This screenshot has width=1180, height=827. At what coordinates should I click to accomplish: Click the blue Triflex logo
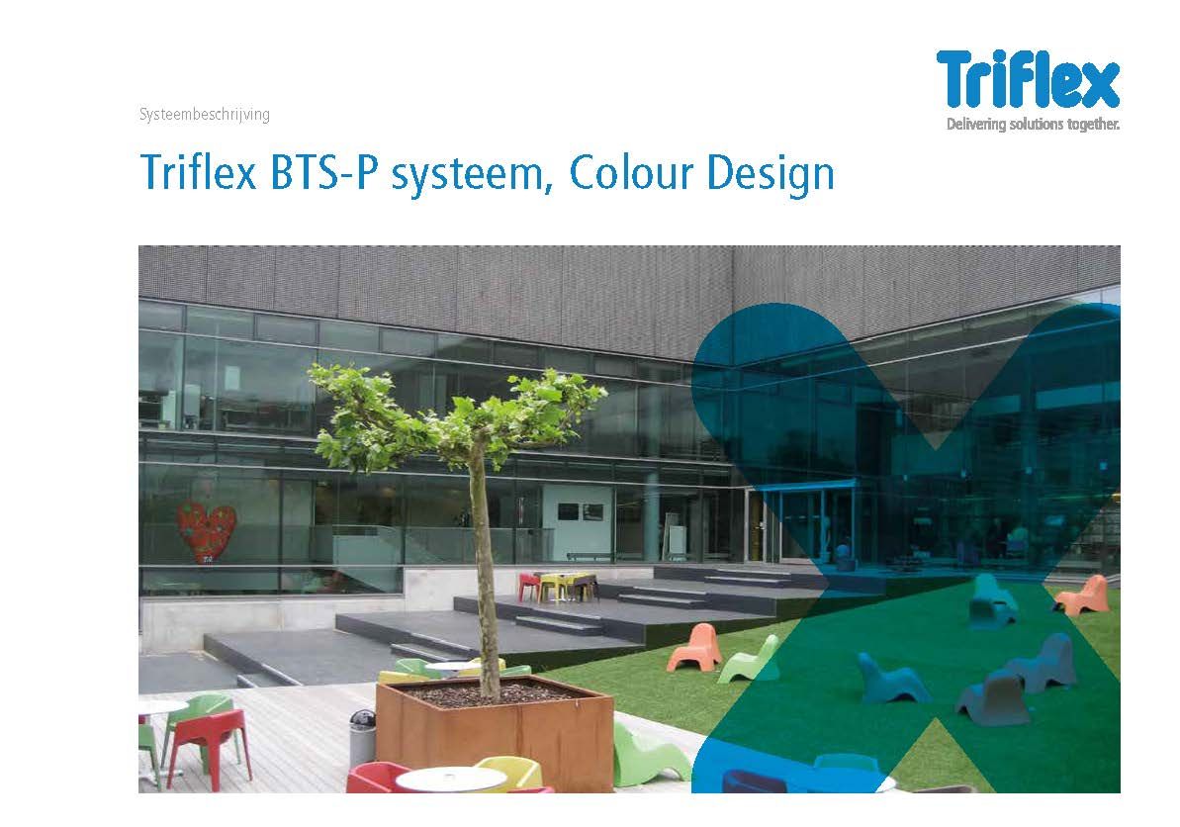pyautogui.click(x=1028, y=79)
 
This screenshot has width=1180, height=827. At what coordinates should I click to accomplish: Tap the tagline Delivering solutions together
pyautogui.click(x=1033, y=125)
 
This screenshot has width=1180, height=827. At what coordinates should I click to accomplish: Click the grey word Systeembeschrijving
pyautogui.click(x=205, y=115)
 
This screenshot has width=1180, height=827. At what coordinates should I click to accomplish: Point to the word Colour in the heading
pyautogui.click(x=631, y=173)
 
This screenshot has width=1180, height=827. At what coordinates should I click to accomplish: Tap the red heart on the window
pyautogui.click(x=206, y=531)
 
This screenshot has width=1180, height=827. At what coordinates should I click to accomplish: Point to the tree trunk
pyautogui.click(x=484, y=572)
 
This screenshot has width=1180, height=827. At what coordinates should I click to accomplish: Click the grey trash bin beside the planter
pyautogui.click(x=362, y=737)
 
